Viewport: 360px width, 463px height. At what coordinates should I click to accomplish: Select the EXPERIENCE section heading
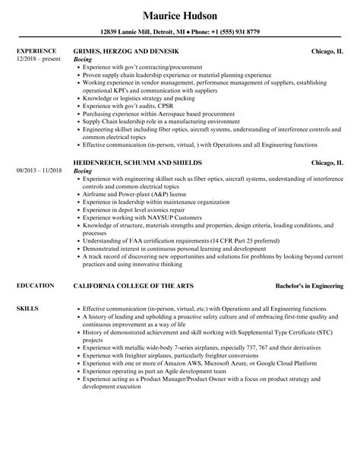point(35,51)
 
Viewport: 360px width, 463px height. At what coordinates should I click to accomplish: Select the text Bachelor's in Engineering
point(309,286)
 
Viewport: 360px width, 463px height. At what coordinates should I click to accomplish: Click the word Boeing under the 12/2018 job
point(84,59)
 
